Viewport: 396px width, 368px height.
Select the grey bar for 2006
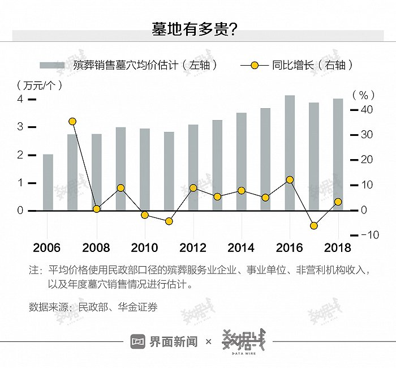tap(48, 182)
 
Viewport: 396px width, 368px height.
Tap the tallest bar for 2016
tap(290, 153)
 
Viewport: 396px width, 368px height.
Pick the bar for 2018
tap(338, 155)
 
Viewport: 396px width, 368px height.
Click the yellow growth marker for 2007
tap(72, 121)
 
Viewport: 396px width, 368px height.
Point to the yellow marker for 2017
tap(314, 226)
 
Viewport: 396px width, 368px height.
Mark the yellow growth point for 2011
tap(169, 221)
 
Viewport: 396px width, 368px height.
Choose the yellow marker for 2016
tap(290, 179)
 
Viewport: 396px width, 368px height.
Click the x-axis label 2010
tap(144, 248)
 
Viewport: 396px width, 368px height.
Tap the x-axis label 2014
tap(241, 248)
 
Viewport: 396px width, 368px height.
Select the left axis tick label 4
tap(20, 99)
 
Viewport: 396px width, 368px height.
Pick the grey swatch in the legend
tap(52, 65)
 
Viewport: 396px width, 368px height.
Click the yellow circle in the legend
tap(254, 65)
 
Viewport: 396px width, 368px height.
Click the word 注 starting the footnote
tap(33, 270)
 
